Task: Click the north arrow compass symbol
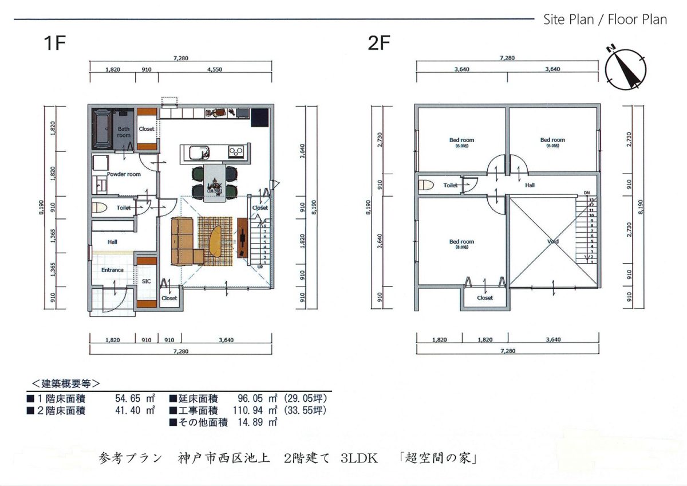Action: click(x=625, y=68)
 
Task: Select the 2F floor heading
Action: click(x=378, y=44)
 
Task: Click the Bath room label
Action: click(x=124, y=132)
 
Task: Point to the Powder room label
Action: click(x=124, y=174)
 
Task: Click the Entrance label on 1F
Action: click(x=112, y=270)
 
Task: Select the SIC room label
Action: click(x=147, y=281)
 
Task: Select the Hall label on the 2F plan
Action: click(x=530, y=185)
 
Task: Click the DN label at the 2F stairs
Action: click(x=587, y=193)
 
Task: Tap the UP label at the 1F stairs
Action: click(x=260, y=266)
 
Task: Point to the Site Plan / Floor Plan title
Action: click(x=605, y=19)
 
